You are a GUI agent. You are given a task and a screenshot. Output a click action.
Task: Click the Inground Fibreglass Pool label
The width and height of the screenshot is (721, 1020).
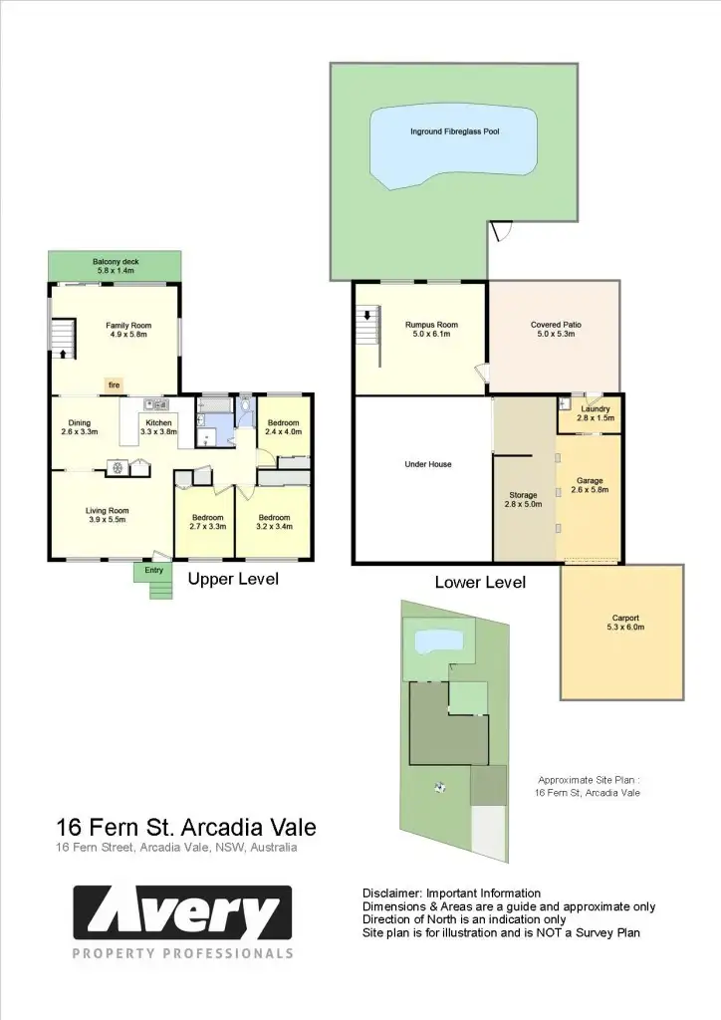(455, 131)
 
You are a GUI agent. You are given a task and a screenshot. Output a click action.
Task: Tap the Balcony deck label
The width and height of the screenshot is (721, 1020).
(116, 266)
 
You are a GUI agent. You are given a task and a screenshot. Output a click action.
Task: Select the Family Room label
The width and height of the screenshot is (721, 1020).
(127, 330)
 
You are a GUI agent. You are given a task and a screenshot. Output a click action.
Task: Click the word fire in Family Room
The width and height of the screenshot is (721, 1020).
(115, 383)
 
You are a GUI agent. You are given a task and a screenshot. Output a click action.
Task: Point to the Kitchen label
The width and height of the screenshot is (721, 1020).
(158, 427)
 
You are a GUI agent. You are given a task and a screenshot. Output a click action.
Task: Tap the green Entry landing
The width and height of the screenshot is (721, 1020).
(153, 571)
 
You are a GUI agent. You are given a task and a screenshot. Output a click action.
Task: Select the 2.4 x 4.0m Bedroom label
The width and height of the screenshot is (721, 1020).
(283, 427)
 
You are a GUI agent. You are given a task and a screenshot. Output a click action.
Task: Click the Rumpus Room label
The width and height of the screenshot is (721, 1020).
(430, 330)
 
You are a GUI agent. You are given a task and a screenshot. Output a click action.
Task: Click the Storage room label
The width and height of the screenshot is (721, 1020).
(523, 500)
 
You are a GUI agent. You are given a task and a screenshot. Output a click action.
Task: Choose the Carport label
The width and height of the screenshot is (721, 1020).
(622, 623)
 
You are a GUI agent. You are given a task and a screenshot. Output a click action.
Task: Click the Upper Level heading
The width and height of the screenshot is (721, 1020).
(233, 579)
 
